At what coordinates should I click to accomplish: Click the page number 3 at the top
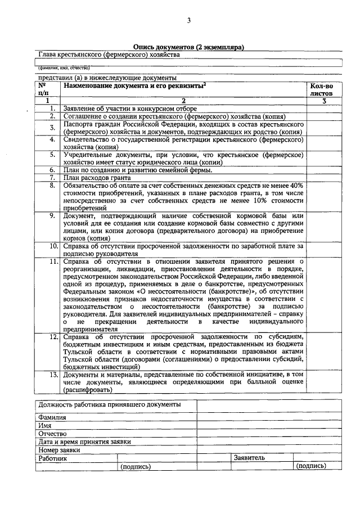click(189, 21)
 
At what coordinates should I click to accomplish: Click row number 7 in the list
click(52, 177)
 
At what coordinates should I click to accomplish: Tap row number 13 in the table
click(51, 373)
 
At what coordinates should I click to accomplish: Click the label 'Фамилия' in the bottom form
click(52, 418)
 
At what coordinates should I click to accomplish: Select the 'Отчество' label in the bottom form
click(53, 434)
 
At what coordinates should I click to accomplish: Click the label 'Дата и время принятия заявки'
click(84, 442)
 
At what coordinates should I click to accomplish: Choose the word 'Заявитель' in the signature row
click(249, 458)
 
